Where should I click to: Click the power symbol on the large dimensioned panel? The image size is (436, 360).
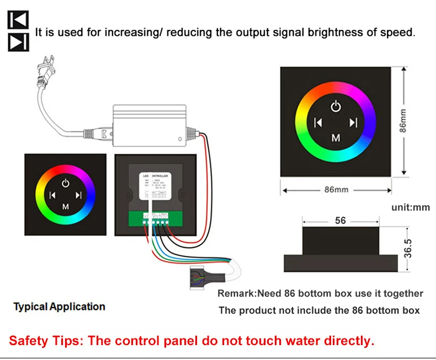click(336, 106)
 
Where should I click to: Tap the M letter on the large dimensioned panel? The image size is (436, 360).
click(336, 138)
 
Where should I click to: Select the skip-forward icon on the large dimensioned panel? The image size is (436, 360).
click(354, 122)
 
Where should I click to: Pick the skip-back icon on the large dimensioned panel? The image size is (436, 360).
click(317, 122)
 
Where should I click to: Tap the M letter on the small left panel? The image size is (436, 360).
click(66, 207)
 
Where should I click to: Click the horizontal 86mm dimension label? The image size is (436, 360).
click(336, 190)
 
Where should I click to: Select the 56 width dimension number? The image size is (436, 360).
click(341, 221)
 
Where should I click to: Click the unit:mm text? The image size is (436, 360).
click(410, 207)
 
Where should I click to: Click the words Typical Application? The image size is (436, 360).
click(59, 307)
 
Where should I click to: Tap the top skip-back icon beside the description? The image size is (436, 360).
click(18, 21)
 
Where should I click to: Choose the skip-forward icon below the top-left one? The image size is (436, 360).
click(18, 42)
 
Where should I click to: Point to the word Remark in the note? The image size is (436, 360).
click(237, 293)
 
